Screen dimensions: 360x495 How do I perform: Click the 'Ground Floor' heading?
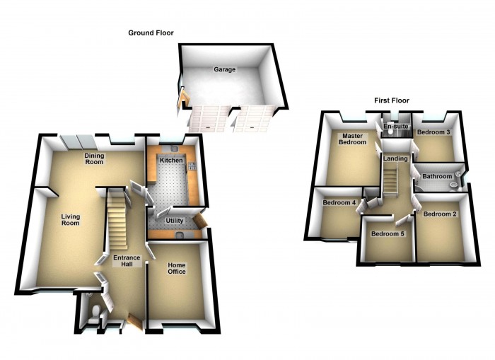click(150, 33)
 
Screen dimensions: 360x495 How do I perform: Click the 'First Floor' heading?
click(391, 100)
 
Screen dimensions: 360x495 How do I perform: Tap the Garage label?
click(226, 69)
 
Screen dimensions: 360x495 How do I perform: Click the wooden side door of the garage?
click(180, 101)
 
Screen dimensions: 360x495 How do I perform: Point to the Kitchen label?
click(171, 161)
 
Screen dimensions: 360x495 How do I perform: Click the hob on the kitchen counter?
click(192, 167)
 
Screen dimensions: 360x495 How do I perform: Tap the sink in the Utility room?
click(180, 236)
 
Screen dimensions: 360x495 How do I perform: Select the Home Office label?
click(175, 269)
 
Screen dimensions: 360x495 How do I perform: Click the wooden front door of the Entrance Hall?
click(134, 321)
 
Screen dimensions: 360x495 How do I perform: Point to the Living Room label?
click(70, 220)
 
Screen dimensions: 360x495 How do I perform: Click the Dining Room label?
click(94, 158)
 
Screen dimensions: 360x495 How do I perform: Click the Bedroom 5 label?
click(388, 234)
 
